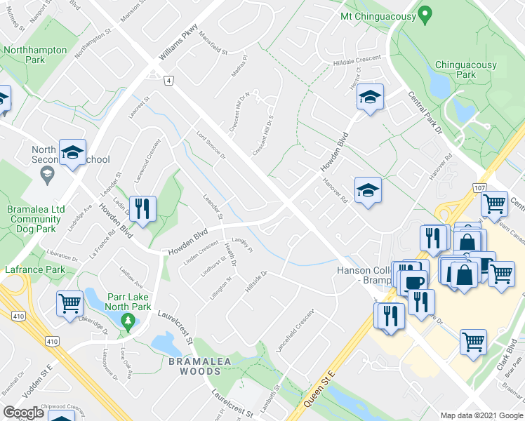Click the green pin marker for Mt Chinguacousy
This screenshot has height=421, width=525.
click(425, 15)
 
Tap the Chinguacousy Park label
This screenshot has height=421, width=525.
click(465, 69)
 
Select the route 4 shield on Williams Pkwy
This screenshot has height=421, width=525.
click(169, 81)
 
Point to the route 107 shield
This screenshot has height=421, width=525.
click(479, 188)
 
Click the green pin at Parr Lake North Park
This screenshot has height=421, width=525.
click(127, 321)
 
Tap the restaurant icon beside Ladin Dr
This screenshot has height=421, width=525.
click(142, 210)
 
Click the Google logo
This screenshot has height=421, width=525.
click(23, 413)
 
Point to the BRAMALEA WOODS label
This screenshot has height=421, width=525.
click(185, 366)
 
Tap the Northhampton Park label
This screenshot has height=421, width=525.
click(35, 55)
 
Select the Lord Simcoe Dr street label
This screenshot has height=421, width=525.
click(211, 145)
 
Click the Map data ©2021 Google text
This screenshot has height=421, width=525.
click(481, 415)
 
